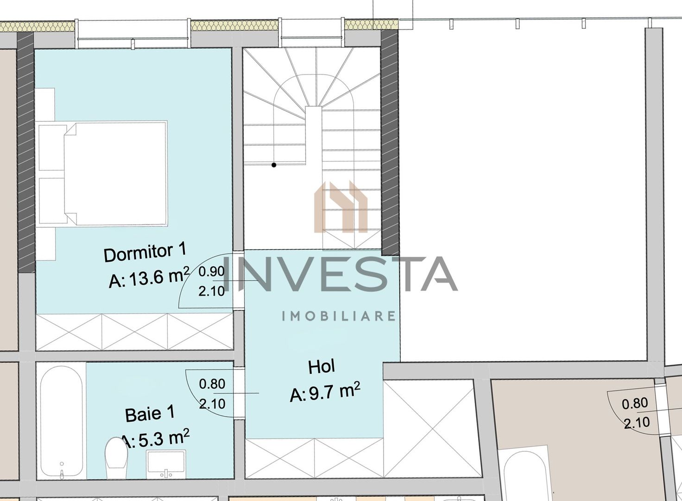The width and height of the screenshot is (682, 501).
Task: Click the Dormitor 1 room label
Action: (145, 253)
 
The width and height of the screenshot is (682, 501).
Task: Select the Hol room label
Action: (322, 367)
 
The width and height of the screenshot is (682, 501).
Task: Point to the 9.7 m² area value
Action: (325, 393)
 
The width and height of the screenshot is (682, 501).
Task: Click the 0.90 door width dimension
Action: (212, 271)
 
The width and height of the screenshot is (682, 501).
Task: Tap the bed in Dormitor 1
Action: (114, 173)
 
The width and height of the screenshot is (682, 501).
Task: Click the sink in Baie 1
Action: (165, 464)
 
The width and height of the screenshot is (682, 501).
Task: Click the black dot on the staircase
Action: (274, 165)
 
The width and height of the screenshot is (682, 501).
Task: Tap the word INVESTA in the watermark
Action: (341, 274)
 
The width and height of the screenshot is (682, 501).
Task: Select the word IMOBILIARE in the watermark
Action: (339, 316)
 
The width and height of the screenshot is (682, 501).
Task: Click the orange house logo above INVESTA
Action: (341, 207)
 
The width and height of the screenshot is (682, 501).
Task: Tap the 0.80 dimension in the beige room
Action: (635, 404)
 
